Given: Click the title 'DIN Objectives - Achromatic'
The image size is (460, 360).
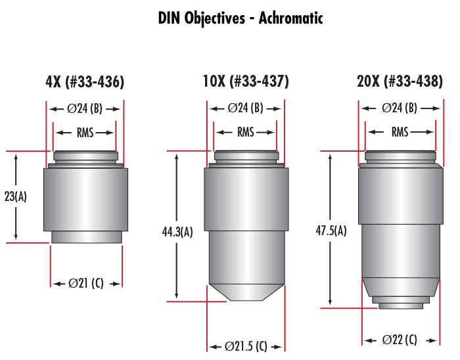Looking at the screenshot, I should click(241, 18).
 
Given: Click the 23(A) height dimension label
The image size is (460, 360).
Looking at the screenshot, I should click(15, 196).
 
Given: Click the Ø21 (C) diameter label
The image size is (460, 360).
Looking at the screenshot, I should click(86, 284).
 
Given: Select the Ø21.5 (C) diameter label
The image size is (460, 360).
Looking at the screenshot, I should click(246, 346).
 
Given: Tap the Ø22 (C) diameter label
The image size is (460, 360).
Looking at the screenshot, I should click(400, 340).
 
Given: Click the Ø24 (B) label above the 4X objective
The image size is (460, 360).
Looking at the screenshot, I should click(85, 108).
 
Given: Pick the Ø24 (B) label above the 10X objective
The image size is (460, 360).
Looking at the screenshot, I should click(246, 108).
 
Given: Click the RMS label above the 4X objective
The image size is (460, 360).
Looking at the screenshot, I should click(85, 133).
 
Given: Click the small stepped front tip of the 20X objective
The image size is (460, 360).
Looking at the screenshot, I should click(400, 302).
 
